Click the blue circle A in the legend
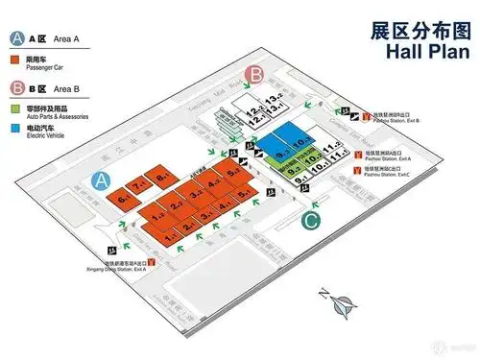coord(16,39)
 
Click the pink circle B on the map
coord(255,74)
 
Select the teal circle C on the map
coord(311,223)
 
